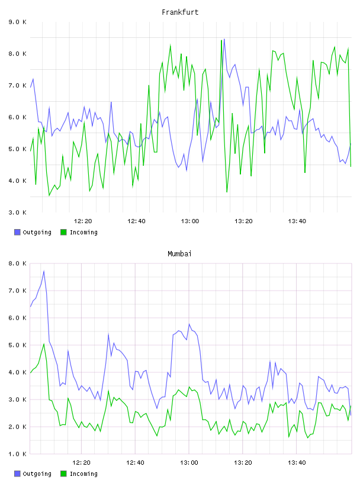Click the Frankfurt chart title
(x=180, y=12)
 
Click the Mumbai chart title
(x=179, y=253)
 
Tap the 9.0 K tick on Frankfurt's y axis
(x=17, y=22)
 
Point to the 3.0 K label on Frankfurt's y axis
(x=17, y=212)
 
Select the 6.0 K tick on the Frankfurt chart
(x=17, y=117)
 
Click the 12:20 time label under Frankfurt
(x=83, y=221)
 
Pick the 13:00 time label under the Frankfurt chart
(x=190, y=221)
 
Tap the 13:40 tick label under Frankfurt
(x=297, y=221)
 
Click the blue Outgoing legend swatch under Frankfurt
(x=17, y=232)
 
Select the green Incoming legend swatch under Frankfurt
(x=63, y=232)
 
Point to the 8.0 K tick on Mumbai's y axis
(x=17, y=263)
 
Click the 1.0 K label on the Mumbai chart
(x=17, y=454)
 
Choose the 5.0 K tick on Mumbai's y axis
(x=17, y=345)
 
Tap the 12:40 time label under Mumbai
(x=136, y=462)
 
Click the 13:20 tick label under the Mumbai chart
(x=243, y=462)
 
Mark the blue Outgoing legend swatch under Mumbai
(x=17, y=474)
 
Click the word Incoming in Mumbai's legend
(x=83, y=474)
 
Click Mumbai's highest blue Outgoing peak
(x=44, y=271)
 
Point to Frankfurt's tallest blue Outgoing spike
(x=224, y=39)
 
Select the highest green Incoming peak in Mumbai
(x=44, y=344)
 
